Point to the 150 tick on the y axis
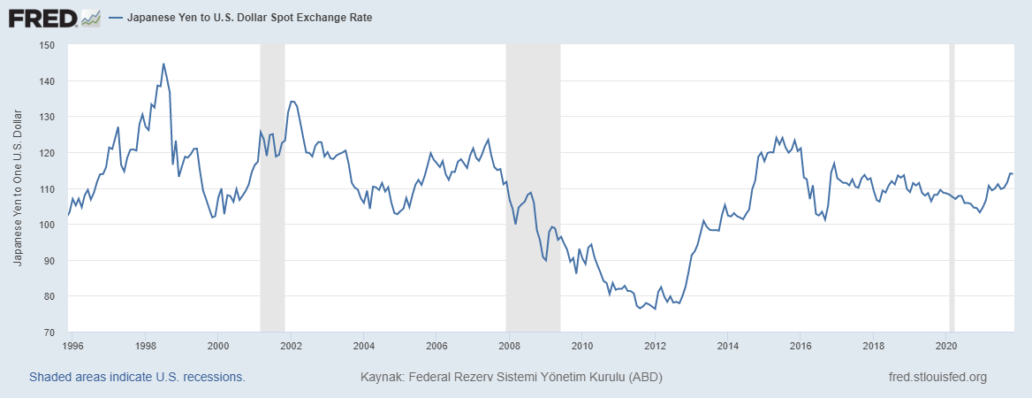pos(47,45)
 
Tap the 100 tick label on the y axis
pos(47,225)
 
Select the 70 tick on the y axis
pos(49,333)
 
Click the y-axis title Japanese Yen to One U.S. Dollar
pos(19,188)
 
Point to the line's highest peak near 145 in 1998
pos(163,64)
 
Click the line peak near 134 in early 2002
pos(292,101)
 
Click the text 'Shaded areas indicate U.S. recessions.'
pos(137,377)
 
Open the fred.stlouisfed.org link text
pos(937,377)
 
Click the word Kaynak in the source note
pos(379,377)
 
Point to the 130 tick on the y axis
pos(47,117)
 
